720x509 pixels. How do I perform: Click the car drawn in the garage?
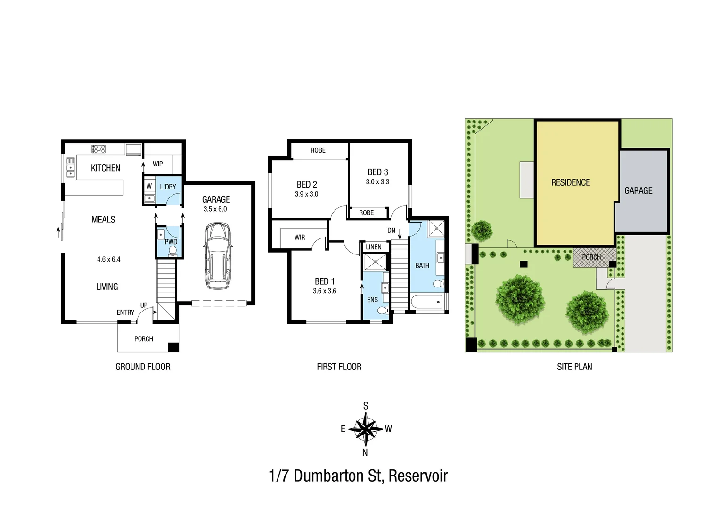(x=218, y=256)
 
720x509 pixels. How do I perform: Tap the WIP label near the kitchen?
(x=157, y=164)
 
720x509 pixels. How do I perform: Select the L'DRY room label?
(x=168, y=187)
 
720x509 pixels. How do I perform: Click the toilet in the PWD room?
(x=172, y=251)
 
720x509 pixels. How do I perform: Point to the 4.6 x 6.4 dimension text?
(x=108, y=259)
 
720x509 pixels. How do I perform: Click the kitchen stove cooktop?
(x=98, y=149)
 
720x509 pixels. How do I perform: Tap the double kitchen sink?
(x=70, y=167)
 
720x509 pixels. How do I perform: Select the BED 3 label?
(x=378, y=172)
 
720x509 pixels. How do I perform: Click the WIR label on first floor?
(x=300, y=238)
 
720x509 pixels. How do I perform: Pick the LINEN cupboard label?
(x=374, y=247)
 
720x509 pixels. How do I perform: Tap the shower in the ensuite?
(x=375, y=262)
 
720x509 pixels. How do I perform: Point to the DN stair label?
(x=391, y=230)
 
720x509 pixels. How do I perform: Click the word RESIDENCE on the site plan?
(x=570, y=182)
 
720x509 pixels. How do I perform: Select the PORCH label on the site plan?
(x=591, y=257)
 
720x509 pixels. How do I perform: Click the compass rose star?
(x=366, y=429)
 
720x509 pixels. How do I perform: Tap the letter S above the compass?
(x=366, y=406)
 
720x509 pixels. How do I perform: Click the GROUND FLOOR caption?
(x=143, y=367)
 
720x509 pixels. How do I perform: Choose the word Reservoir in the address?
(x=418, y=476)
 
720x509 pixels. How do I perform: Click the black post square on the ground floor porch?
(x=173, y=347)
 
